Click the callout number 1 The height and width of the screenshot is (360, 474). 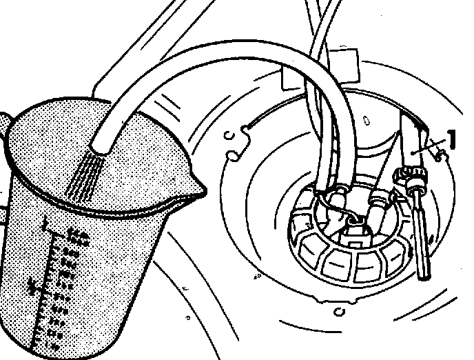(453, 139)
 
